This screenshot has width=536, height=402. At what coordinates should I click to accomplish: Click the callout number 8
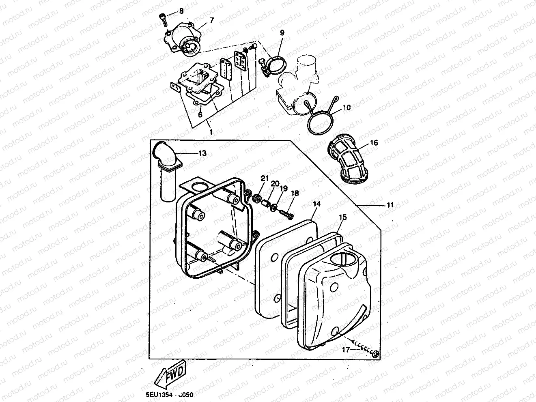181,11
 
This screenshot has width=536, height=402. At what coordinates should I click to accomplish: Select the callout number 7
211,20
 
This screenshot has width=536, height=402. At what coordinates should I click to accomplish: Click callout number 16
374,143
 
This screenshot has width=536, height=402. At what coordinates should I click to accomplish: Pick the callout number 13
202,153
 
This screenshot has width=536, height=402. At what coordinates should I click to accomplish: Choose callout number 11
390,205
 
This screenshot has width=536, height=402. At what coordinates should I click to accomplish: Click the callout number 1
211,131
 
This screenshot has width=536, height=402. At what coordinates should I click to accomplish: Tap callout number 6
200,115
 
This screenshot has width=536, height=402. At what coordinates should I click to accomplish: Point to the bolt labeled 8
162,18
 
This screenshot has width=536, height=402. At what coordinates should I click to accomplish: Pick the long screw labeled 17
364,350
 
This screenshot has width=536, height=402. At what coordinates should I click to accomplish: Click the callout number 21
265,178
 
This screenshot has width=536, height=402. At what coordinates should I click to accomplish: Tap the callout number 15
343,218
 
